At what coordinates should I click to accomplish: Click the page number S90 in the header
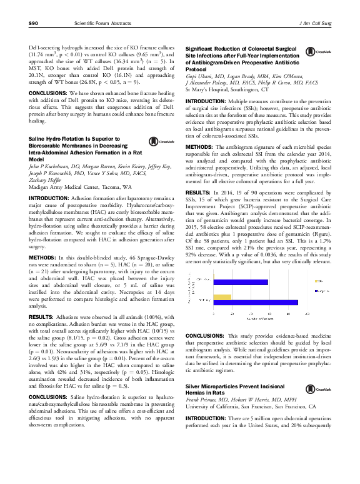click(x=34, y=23)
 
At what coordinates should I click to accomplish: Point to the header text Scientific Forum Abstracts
click(x=102, y=23)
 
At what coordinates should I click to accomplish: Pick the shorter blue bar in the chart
click(x=240, y=282)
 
